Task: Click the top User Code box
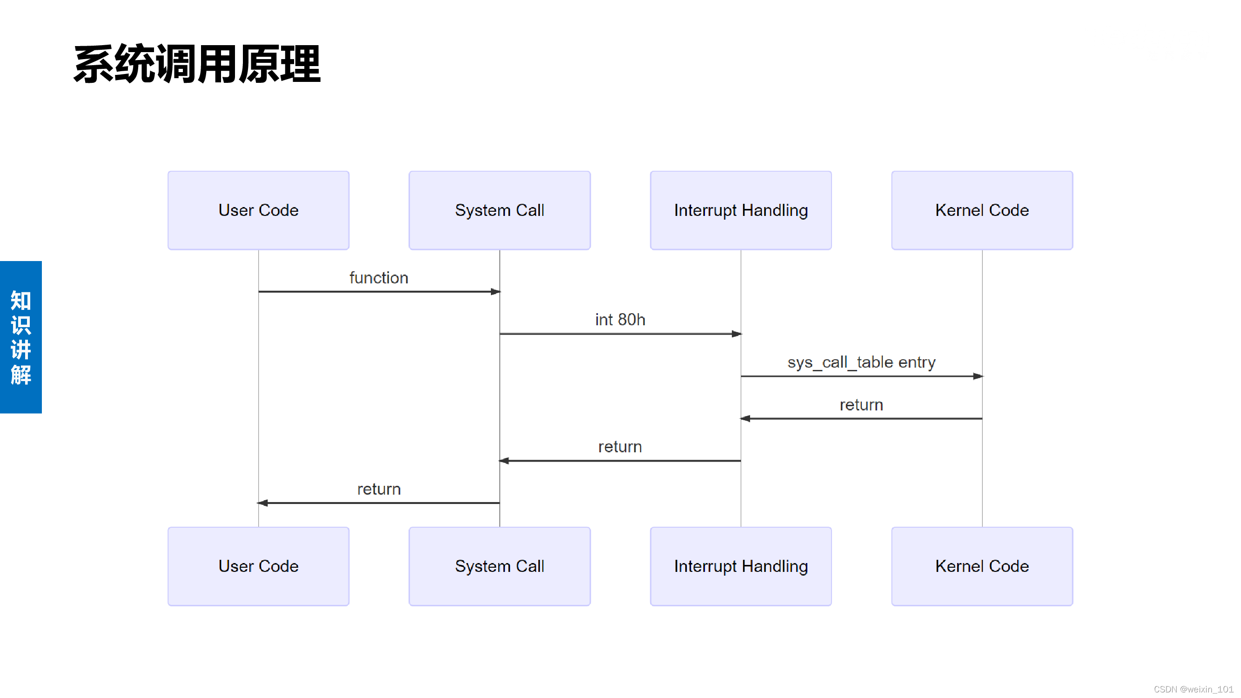point(258,210)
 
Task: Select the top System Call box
point(499,210)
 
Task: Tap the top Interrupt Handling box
point(740,210)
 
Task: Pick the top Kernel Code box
point(982,210)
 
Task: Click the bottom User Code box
point(258,566)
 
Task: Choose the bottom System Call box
point(499,566)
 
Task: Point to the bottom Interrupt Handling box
point(740,566)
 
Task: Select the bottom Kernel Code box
point(982,566)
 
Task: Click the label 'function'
point(379,278)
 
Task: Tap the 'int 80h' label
point(620,320)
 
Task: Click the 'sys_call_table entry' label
point(861,362)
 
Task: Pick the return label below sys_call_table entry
point(861,405)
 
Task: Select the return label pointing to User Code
point(379,489)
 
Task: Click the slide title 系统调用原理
point(196,64)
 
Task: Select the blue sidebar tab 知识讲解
point(21,337)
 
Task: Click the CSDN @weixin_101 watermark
point(1193,689)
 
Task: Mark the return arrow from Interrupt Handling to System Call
point(620,461)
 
